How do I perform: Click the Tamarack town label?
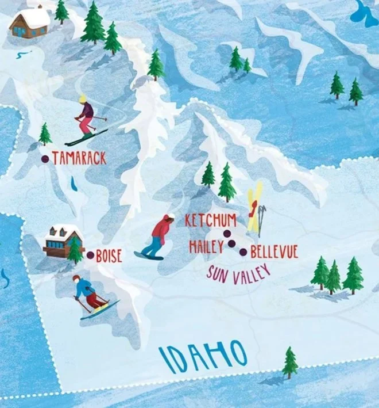point(79,158)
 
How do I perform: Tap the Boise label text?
point(109,256)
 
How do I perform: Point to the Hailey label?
point(206,247)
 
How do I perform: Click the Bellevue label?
point(274,251)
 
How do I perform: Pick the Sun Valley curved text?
point(238,274)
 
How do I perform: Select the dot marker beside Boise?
point(90,255)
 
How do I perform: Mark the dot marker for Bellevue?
point(243,251)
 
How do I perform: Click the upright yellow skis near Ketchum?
point(254,207)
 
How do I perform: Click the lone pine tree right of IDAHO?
point(290,362)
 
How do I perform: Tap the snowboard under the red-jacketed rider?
point(149,255)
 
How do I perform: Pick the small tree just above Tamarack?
point(45,134)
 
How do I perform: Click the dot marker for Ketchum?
point(227,233)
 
